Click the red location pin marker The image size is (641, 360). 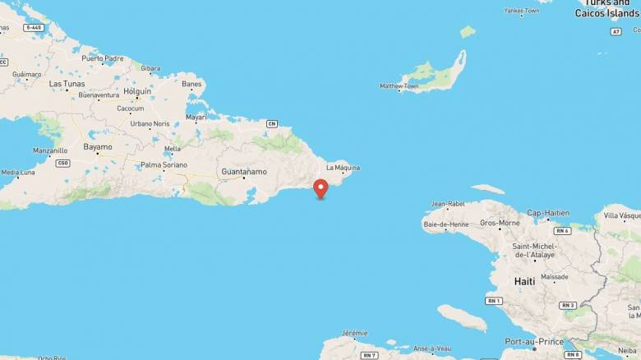click(x=320, y=188)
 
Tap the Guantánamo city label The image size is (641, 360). click(x=244, y=172)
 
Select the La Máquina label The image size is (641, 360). click(x=343, y=168)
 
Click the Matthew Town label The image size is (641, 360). click(x=399, y=85)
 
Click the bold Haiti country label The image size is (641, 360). click(x=524, y=281)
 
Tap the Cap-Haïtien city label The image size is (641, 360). click(x=547, y=213)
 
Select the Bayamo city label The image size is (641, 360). click(x=98, y=147)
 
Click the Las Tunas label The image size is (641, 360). click(x=67, y=84)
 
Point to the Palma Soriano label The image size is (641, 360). click(x=164, y=165)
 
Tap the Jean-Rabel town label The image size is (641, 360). click(x=448, y=204)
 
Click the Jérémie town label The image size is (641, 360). click(x=354, y=333)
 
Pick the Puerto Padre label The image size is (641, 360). click(x=103, y=58)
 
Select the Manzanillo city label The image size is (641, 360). click(x=50, y=151)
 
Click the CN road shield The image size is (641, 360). click(x=272, y=124)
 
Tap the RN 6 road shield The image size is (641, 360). click(x=562, y=231)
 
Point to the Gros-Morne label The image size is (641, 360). click(x=500, y=223)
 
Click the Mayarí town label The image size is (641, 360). click(x=196, y=118)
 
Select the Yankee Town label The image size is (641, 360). click(x=522, y=11)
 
